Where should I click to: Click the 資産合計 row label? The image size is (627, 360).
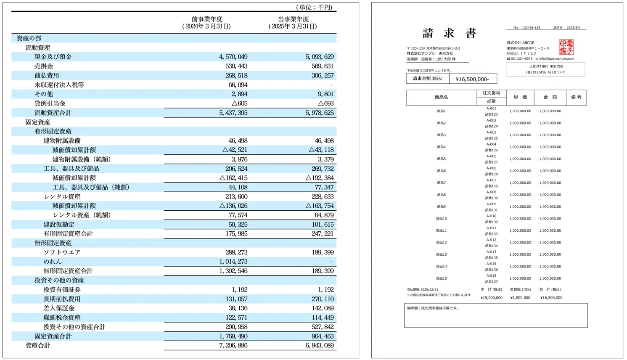point(38,346)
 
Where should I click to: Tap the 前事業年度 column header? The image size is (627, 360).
point(207,19)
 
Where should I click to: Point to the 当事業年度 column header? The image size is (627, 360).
point(293,19)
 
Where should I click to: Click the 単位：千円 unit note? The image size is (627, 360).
point(314,7)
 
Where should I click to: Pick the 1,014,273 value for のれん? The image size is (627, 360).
point(233,262)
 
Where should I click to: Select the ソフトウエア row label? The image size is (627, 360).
point(62,252)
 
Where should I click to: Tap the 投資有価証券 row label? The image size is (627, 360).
point(62,290)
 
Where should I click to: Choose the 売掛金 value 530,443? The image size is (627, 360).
point(236,66)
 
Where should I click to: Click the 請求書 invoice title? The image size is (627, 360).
point(449,33)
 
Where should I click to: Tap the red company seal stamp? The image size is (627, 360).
point(566,47)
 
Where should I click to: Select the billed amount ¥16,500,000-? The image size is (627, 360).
point(473,79)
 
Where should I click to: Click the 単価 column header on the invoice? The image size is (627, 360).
point(520,97)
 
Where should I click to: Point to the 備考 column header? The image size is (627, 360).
point(576,97)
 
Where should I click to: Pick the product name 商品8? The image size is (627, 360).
point(441,195)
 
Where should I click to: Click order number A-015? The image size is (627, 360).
point(491,276)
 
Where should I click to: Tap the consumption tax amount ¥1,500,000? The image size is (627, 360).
point(520,298)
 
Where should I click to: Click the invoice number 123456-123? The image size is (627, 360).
point(531,28)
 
